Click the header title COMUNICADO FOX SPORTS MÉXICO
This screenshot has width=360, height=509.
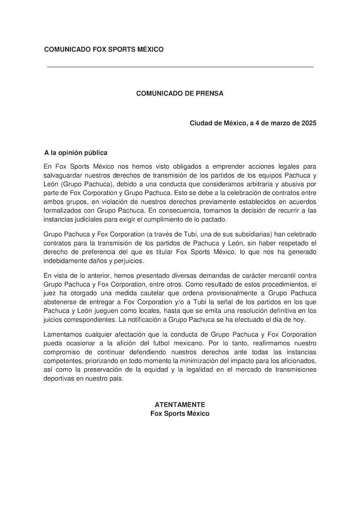coord(104,49)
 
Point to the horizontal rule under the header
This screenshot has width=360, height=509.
coord(180,67)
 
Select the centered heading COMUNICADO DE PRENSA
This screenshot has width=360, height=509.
coord(180,93)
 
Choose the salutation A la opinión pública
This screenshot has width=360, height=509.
coord(76,152)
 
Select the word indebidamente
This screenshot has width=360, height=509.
coord(65,261)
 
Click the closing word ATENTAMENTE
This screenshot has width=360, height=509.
coord(180,404)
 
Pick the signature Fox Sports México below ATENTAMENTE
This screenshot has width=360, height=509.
coord(180,413)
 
